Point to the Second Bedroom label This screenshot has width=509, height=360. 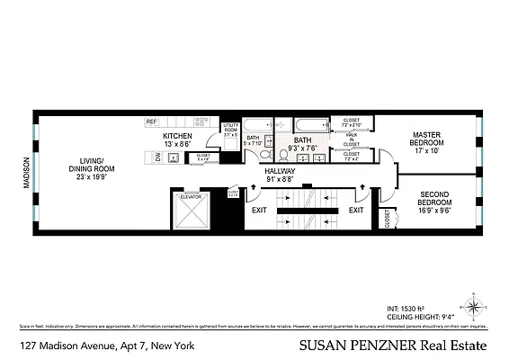coord(434,201)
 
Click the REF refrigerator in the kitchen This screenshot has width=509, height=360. coord(152,121)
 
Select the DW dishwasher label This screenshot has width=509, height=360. coord(158,157)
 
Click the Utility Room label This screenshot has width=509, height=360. coord(229,130)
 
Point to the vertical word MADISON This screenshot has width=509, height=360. coord(26,173)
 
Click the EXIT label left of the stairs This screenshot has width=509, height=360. coord(259,210)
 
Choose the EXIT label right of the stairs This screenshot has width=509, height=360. coord(356,210)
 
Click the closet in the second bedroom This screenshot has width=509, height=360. coord(388,220)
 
